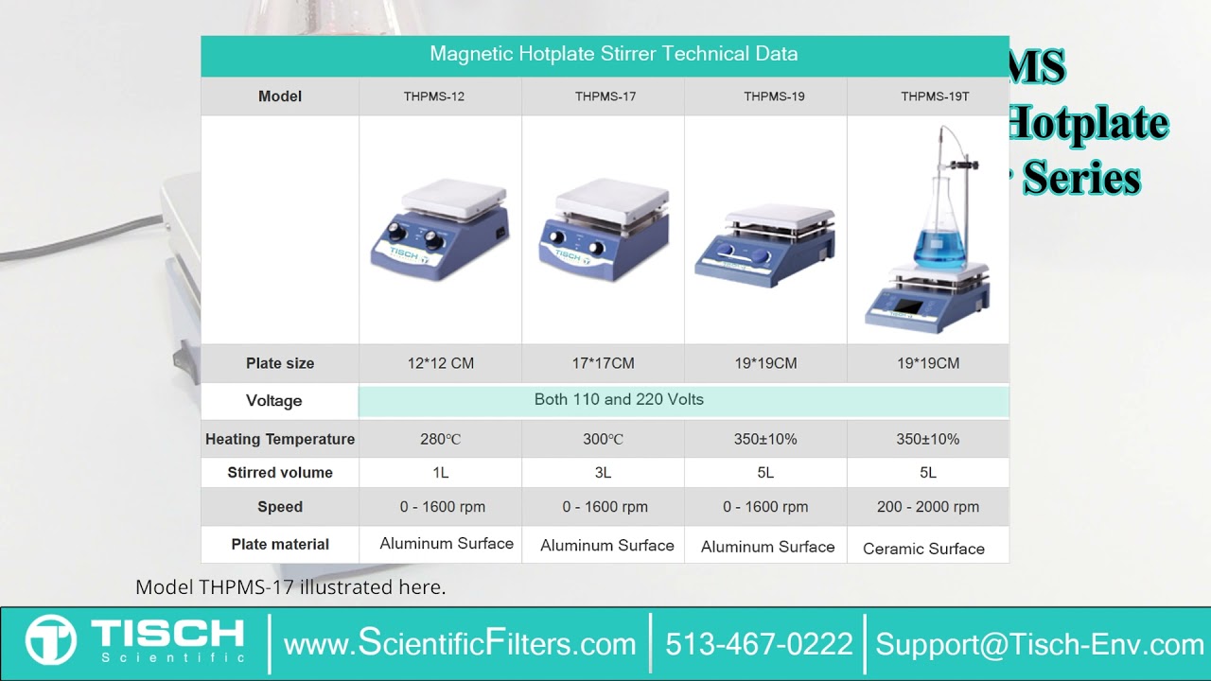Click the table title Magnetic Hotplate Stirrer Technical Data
613,54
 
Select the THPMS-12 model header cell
440,96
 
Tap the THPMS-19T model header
934,96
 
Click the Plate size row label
279,363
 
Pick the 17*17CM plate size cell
605,363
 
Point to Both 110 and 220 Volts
619,399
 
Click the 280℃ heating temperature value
440,439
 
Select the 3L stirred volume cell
603,473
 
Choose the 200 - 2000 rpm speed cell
927,507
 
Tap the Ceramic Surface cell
923,549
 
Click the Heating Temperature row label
279,439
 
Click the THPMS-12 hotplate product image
440,230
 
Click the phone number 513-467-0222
759,644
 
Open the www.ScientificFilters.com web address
460,644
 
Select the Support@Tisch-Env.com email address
1039,644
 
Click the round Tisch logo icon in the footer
50,640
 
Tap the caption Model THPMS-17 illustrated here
290,587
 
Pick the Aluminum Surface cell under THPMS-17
606,546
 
